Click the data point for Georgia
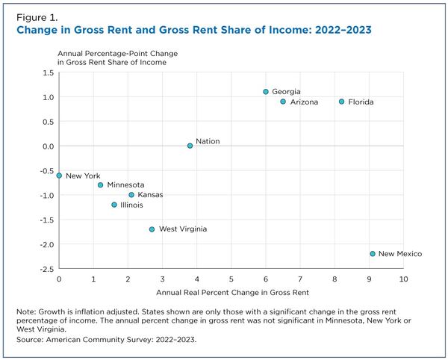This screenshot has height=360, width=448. [x=265, y=92]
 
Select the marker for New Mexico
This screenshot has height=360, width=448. [x=372, y=254]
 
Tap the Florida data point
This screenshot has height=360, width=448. [x=341, y=102]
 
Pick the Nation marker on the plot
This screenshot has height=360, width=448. [x=190, y=146]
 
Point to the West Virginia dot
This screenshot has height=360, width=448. [x=152, y=229]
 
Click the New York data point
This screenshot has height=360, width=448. [x=59, y=176]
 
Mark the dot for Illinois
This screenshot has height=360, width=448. [x=114, y=205]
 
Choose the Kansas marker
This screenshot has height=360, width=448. [x=131, y=195]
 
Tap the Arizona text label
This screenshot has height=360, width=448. [x=304, y=102]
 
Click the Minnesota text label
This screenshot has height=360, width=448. [x=125, y=185]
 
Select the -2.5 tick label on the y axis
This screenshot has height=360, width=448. [x=45, y=269]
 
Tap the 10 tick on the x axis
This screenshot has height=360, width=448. [x=403, y=279]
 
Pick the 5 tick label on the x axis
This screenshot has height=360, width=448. [x=231, y=279]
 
